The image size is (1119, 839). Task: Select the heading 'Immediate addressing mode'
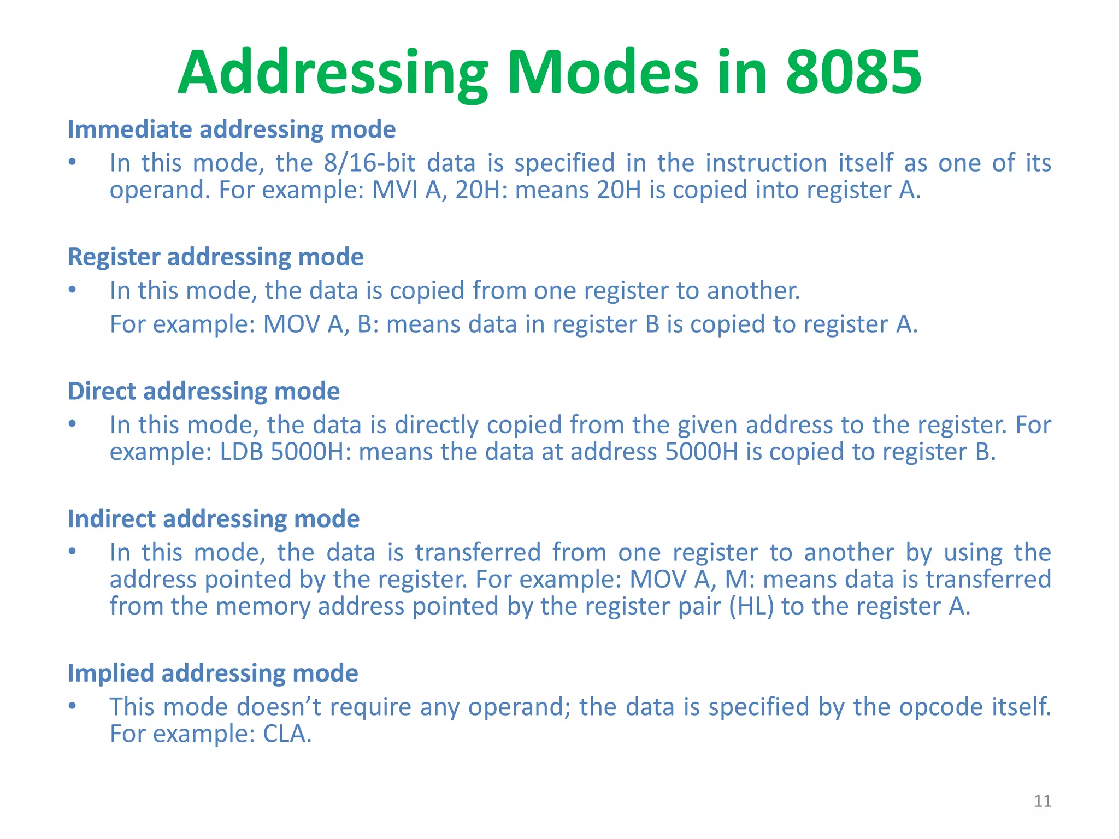232,130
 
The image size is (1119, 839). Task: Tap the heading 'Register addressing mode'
215,257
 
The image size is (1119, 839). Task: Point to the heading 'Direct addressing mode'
204,392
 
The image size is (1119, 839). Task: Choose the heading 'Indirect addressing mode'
214,519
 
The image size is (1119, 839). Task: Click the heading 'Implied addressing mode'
213,673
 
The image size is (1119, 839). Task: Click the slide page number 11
1043,801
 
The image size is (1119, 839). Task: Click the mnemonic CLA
287,734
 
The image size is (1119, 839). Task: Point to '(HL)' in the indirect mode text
751,607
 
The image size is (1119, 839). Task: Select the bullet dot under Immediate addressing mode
72,162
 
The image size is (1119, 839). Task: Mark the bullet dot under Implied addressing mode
72,706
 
